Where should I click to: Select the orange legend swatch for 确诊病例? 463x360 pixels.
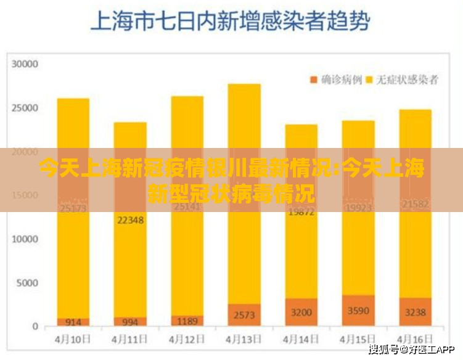(313, 80)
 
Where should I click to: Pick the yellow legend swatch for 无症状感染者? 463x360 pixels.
(371, 80)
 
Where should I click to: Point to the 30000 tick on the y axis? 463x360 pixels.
(26, 64)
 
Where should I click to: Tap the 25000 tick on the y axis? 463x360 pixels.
(26, 108)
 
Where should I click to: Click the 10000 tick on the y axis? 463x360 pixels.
(26, 239)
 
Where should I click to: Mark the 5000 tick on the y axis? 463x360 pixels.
(28, 283)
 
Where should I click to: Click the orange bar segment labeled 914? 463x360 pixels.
(73, 322)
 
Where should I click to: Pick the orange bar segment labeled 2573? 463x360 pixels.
(244, 315)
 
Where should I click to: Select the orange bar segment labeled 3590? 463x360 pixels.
(358, 311)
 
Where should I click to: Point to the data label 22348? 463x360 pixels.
(129, 220)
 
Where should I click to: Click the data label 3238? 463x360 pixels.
(415, 313)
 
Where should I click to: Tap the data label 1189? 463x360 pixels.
(187, 321)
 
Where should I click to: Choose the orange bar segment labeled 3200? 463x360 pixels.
(301, 312)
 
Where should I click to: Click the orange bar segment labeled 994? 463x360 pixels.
(129, 322)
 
